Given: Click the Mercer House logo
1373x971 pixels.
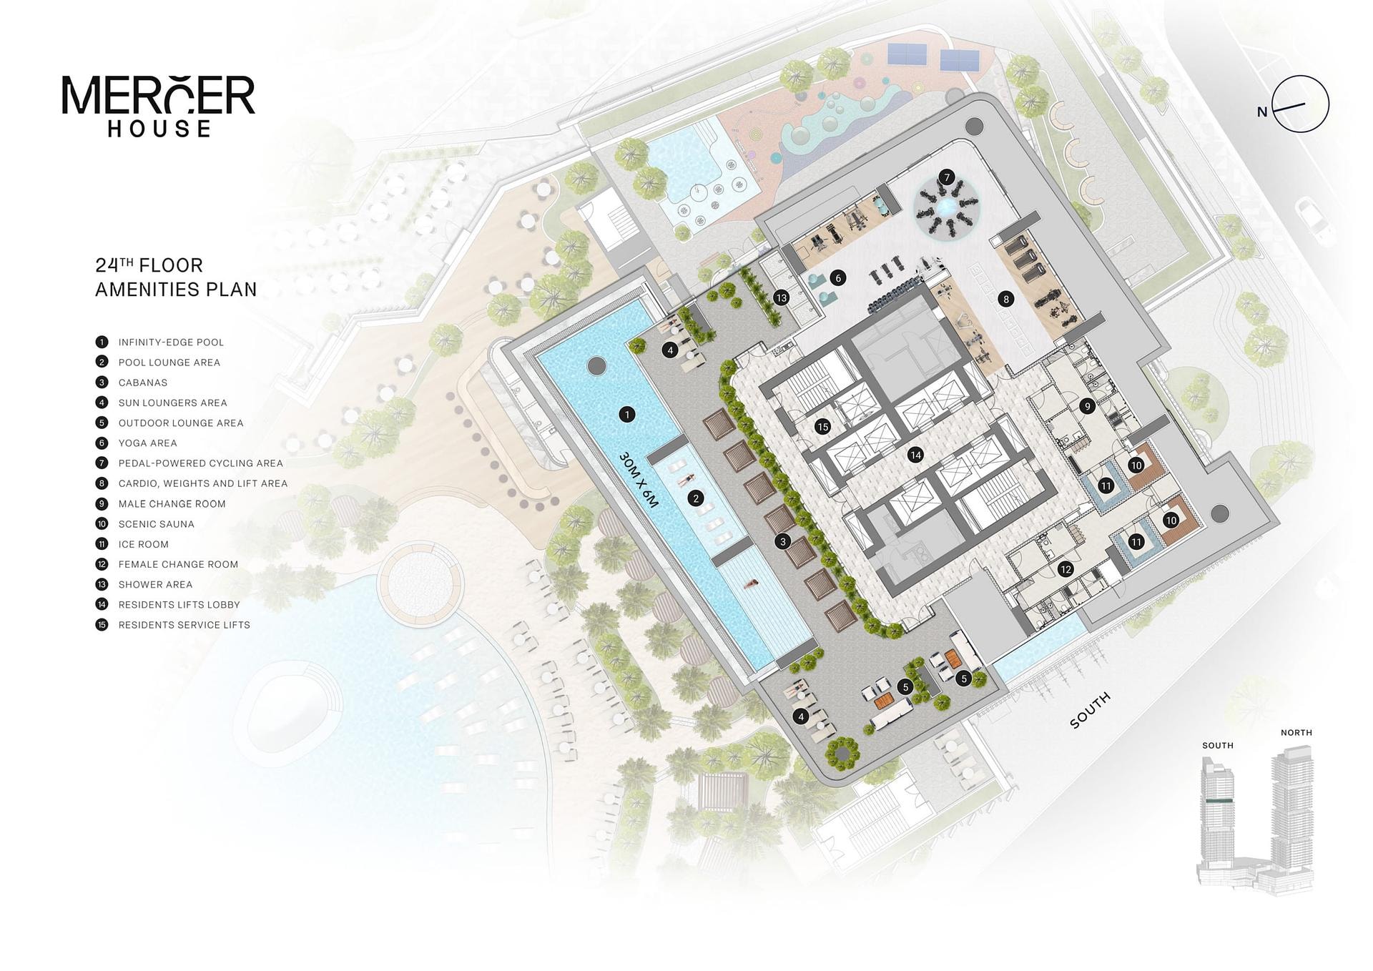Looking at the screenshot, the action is click(158, 106).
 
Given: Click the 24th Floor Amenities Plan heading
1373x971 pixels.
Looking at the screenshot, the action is click(176, 277).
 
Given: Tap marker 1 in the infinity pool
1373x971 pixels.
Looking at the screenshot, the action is click(627, 415).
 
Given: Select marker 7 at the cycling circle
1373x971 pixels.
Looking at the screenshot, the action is click(947, 177).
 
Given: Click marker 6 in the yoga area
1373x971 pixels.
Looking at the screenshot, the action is click(839, 278).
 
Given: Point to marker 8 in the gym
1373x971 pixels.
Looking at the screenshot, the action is click(1006, 300).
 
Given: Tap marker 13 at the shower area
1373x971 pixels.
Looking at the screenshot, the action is click(781, 298).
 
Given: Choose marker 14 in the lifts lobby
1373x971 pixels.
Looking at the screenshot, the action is click(915, 455).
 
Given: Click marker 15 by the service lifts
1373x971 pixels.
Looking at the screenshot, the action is click(822, 427).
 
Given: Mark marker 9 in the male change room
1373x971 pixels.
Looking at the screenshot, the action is click(1088, 406).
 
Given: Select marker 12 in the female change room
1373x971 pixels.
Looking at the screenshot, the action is click(1066, 570).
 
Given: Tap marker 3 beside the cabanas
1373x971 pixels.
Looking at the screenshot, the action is click(783, 541).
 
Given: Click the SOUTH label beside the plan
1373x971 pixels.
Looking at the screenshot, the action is click(1091, 710).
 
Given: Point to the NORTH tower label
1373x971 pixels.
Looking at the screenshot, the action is click(1296, 733).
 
